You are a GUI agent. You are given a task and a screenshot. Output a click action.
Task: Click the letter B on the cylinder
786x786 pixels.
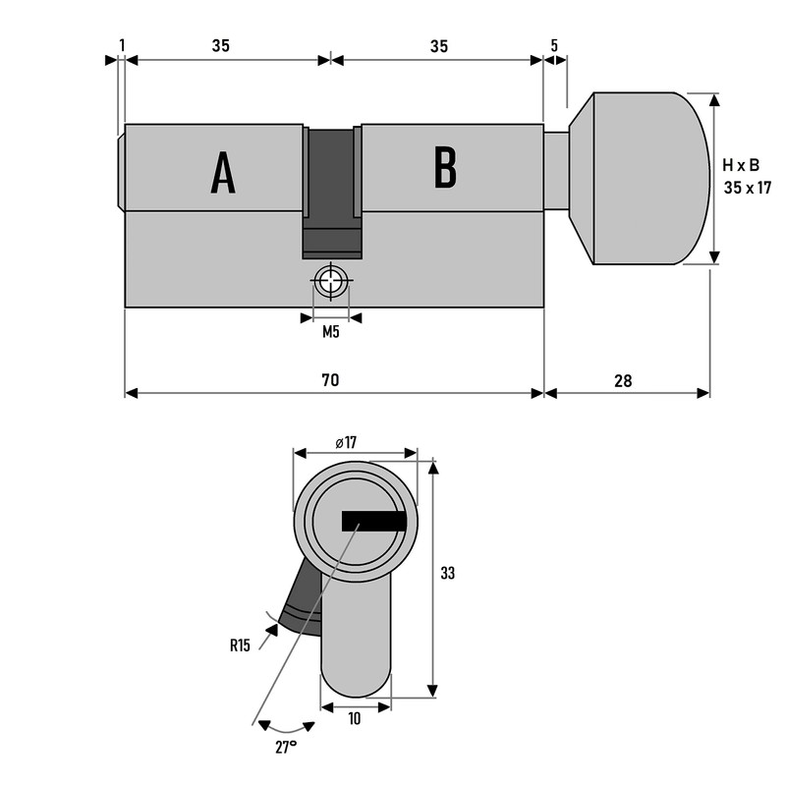tap(445, 169)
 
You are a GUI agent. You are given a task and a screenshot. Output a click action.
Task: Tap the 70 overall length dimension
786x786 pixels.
tap(329, 379)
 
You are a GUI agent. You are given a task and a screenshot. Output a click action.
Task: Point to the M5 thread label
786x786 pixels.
tap(331, 332)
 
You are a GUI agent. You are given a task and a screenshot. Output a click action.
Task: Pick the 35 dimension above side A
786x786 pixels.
tap(220, 45)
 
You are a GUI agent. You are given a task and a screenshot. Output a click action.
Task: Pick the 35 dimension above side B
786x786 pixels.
tap(438, 45)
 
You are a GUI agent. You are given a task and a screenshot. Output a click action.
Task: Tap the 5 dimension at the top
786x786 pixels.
tap(554, 45)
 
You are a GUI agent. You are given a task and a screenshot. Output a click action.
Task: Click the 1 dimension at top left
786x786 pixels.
tap(121, 45)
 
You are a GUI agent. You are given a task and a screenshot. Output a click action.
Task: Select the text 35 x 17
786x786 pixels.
tap(747, 187)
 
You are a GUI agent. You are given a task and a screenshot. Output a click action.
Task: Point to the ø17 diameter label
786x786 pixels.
tap(345, 442)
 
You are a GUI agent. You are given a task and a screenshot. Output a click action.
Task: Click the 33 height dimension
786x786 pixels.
tap(448, 573)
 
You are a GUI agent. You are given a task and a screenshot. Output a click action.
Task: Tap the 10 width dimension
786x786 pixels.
tap(354, 719)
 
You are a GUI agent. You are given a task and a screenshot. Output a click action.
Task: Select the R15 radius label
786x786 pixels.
tap(241, 646)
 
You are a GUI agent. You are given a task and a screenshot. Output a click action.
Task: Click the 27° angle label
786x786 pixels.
tap(286, 748)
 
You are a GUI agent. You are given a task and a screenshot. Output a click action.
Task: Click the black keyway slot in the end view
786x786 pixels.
tap(373, 521)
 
